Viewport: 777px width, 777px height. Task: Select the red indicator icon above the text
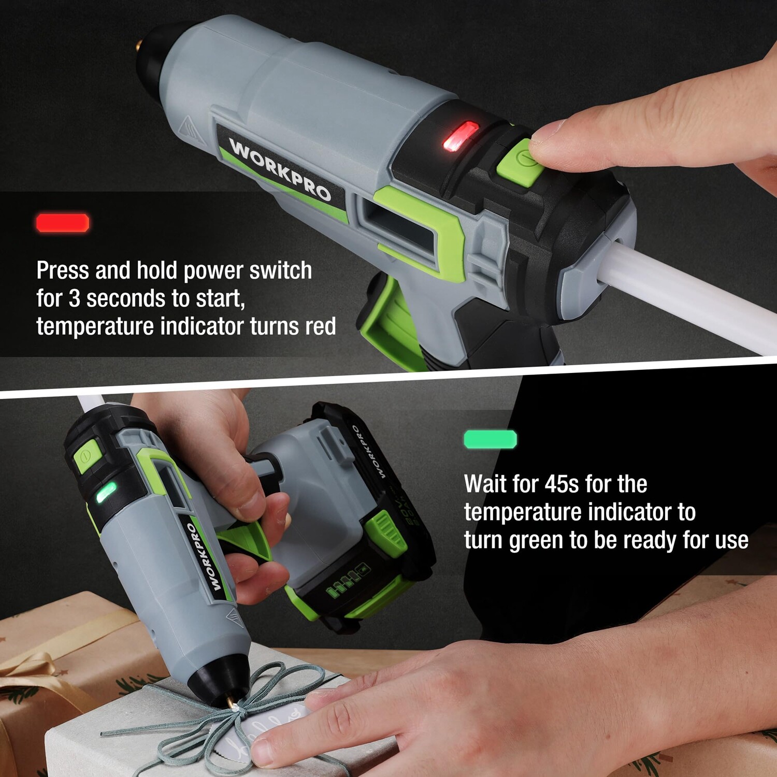pos(63,223)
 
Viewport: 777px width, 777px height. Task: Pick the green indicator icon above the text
pos(490,439)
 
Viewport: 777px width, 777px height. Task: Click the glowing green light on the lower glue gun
pos(106,493)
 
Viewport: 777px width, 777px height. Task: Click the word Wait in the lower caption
pos(485,484)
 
